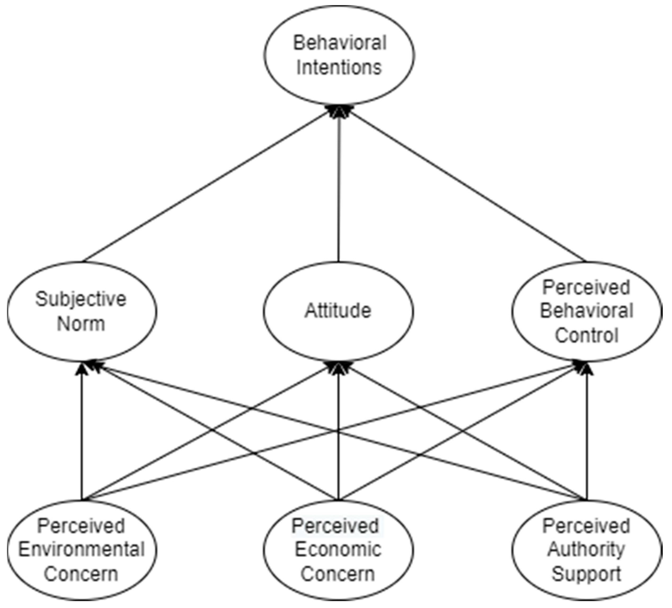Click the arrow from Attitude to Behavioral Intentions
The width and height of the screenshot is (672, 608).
(339, 187)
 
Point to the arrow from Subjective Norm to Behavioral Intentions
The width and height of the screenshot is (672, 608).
(207, 187)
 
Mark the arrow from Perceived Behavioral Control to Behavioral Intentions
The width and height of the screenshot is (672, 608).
(467, 187)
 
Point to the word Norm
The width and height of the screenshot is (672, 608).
(81, 324)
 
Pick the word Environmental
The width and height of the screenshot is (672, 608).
(81, 550)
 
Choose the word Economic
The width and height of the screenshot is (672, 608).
(338, 550)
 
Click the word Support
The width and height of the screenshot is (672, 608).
(586, 574)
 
